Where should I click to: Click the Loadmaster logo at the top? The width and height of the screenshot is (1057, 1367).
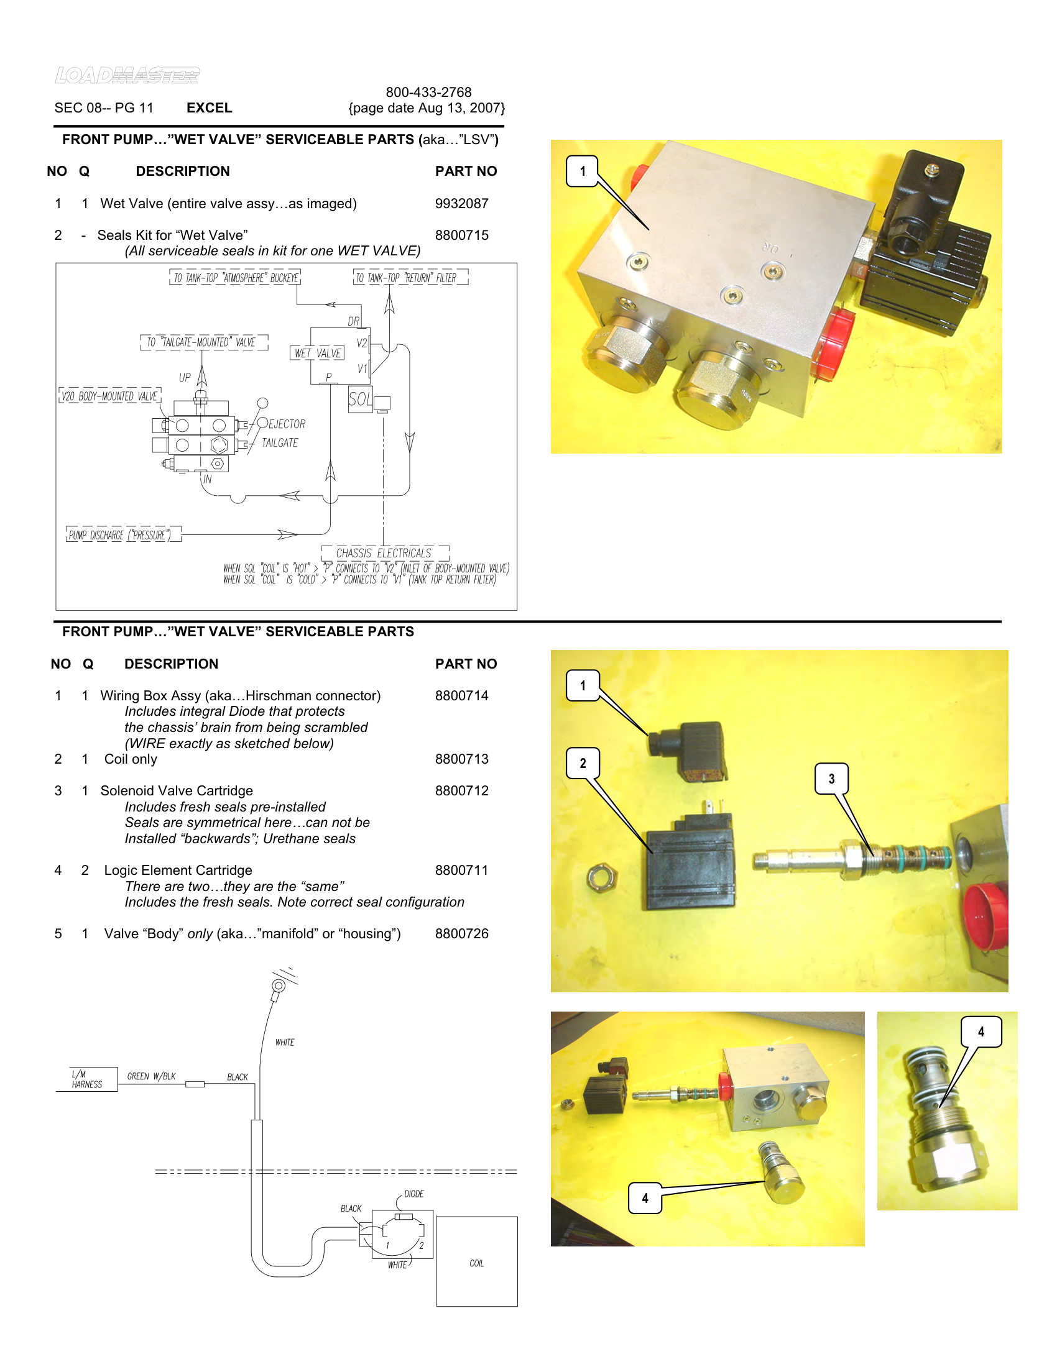click(127, 76)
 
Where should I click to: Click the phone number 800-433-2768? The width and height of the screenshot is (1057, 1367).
click(428, 92)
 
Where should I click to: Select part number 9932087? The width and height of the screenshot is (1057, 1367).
click(461, 203)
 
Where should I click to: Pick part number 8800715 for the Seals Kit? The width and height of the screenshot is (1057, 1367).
click(461, 235)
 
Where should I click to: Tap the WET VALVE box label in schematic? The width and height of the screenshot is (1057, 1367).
click(318, 353)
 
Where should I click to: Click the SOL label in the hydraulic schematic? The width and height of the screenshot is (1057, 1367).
click(360, 400)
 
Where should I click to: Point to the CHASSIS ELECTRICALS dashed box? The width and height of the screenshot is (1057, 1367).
click(384, 553)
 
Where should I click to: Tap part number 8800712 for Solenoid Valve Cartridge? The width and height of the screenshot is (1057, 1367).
click(461, 790)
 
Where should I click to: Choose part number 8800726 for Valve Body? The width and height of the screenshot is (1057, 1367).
click(461, 933)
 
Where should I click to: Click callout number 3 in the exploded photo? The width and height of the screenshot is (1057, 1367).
click(831, 779)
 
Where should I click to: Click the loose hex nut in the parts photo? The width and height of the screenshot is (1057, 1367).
click(602, 877)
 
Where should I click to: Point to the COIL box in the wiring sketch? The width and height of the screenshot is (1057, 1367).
click(476, 1263)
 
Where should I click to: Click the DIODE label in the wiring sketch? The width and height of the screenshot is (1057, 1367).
click(414, 1194)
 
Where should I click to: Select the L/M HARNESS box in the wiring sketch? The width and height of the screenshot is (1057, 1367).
click(86, 1079)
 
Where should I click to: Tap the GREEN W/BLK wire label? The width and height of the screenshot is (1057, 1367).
click(151, 1076)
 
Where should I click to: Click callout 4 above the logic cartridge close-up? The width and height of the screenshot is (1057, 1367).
click(981, 1031)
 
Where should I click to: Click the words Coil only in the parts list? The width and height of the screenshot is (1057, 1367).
click(130, 759)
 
